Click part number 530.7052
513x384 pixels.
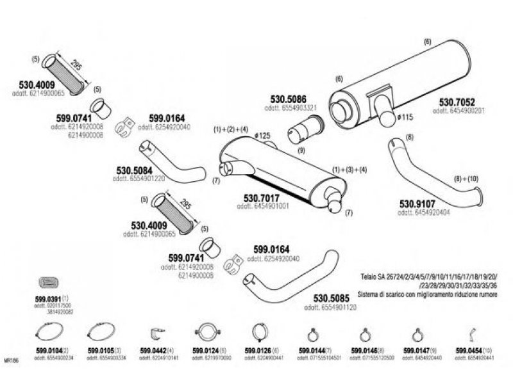(457, 102)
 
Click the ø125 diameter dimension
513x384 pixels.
(262, 136)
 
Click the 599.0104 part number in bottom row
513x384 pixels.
(47, 351)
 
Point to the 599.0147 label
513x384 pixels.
(417, 351)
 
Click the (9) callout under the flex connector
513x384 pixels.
(301, 150)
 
